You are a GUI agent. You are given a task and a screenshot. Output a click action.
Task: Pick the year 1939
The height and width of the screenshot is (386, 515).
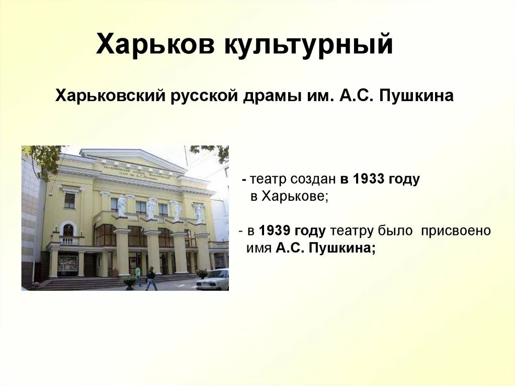pos(275,231)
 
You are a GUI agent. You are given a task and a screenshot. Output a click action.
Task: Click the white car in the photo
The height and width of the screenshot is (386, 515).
pos(213,280)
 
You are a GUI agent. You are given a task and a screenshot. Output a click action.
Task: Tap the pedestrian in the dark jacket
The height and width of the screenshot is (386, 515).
pos(151,278)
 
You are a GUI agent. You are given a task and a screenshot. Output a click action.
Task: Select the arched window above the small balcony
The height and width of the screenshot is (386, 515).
pos(68,230)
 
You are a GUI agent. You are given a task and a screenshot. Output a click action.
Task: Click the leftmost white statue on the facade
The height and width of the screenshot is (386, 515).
pos(122,206)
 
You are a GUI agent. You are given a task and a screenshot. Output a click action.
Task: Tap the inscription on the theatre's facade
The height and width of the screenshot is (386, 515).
pos(136,171)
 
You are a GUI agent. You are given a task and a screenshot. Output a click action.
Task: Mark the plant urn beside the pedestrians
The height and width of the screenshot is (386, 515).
pos(129,282)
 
